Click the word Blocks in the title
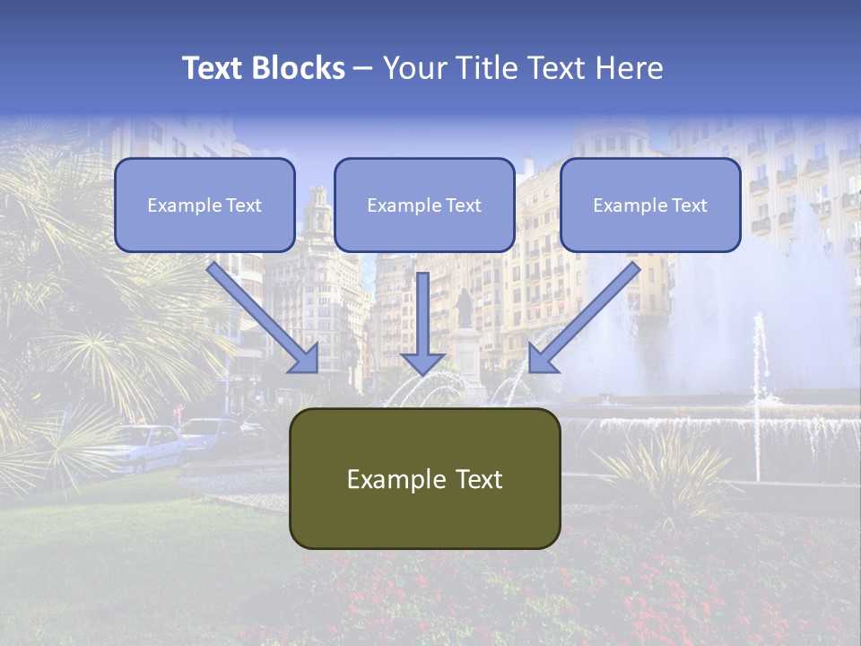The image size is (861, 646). pos(300,68)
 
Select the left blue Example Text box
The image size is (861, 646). pos(204,205)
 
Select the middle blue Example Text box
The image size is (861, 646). pos(424,205)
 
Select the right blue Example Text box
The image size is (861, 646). pos(650,205)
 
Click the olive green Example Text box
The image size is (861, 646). pos(424,478)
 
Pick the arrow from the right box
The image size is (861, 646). pos(588,314)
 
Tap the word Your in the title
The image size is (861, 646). pos(412,68)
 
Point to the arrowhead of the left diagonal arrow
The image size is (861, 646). pos(305,359)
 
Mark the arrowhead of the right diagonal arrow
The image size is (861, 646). pos(542,359)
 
